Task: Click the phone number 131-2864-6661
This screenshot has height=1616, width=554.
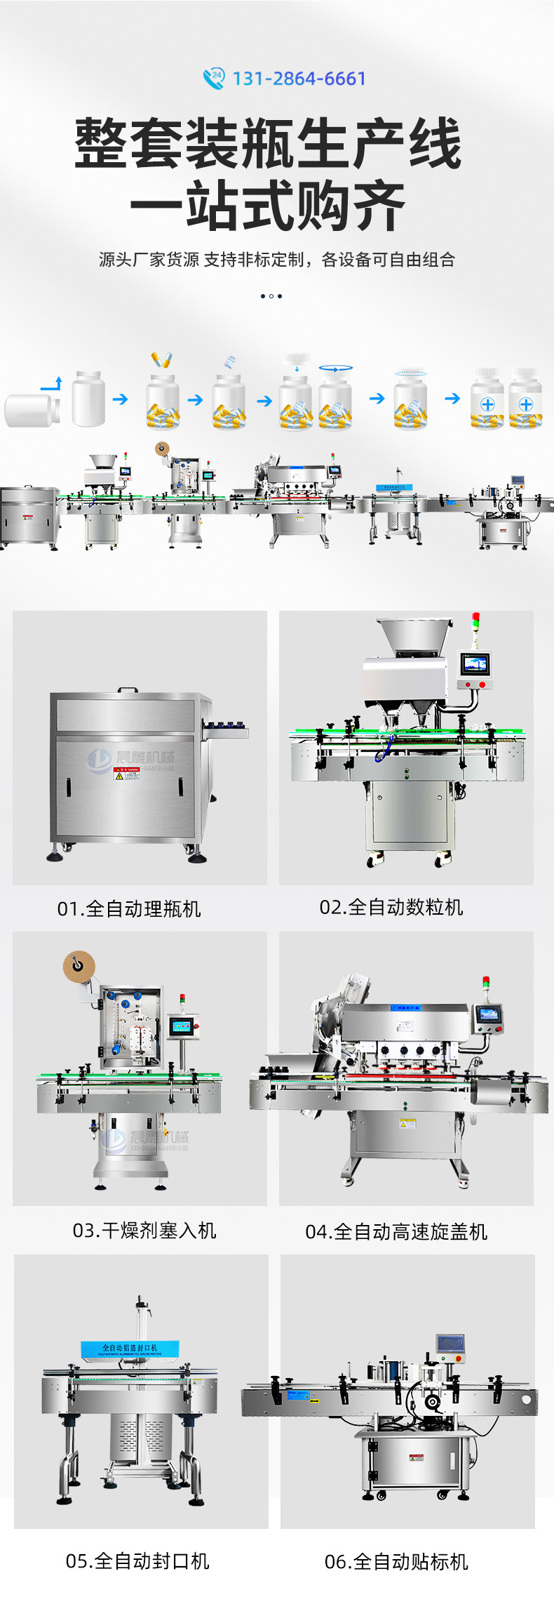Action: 299,79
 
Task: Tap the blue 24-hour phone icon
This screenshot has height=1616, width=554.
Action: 213,78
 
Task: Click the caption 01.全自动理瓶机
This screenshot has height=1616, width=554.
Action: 129,909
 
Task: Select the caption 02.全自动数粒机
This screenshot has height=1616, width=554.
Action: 391,907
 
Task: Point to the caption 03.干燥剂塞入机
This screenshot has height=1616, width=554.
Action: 144,1230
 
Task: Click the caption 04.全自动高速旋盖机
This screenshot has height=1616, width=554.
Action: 396,1231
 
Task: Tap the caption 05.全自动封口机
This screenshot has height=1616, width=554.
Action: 137,1561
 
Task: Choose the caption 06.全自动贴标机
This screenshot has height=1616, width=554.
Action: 396,1561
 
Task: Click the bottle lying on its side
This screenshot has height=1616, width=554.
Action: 32,411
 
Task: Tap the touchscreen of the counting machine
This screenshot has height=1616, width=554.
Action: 475,663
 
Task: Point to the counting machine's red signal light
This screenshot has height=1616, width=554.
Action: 475,618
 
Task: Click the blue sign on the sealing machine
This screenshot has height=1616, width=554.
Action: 130,1349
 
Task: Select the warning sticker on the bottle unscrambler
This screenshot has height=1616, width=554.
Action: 127,773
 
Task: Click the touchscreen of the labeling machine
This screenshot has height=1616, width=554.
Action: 450,1344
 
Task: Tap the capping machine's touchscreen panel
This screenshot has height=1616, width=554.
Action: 488,1014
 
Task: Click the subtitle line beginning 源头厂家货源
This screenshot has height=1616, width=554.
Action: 277,260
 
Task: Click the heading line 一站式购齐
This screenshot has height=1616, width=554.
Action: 268,206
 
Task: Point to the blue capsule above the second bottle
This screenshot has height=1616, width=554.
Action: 162,360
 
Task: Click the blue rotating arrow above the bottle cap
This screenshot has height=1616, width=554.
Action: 336,367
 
